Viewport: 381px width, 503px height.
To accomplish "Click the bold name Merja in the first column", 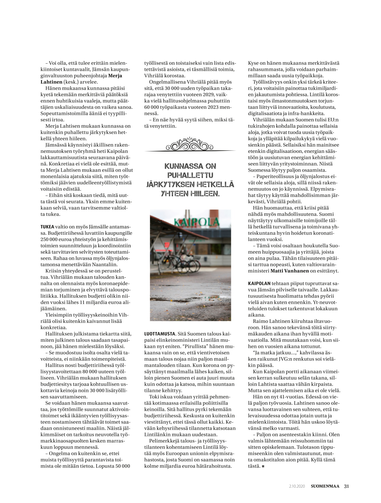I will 115,76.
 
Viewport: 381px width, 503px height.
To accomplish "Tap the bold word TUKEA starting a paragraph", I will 47,227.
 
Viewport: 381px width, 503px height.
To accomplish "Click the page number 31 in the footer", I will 347,486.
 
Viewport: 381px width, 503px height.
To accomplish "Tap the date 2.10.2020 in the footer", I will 297,486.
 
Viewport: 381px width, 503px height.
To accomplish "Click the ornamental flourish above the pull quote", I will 190,145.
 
